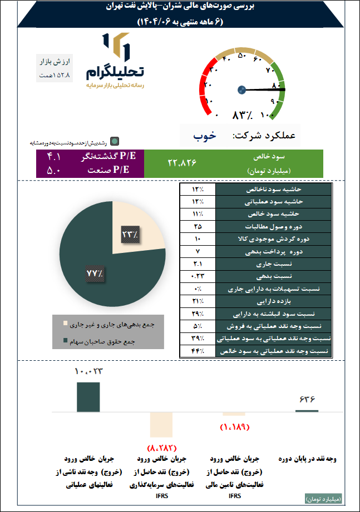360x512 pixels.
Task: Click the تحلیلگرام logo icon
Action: (116, 47)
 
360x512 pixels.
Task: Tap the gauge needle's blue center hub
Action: (241, 90)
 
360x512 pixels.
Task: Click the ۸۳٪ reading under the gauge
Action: (243, 116)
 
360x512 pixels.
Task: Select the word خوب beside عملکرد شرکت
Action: (204, 136)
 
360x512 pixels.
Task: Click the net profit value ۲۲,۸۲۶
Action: (182, 163)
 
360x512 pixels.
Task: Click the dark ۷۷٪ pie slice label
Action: (95, 274)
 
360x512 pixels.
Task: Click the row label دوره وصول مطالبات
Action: (273, 227)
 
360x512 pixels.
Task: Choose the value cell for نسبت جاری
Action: (198, 264)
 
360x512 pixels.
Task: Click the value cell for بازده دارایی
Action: (198, 301)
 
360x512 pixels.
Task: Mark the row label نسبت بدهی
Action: (273, 276)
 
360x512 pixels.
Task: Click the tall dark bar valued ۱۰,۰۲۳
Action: (88, 396)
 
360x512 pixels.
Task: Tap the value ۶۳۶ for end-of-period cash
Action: (307, 399)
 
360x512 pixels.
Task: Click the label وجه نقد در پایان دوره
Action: (308, 459)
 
